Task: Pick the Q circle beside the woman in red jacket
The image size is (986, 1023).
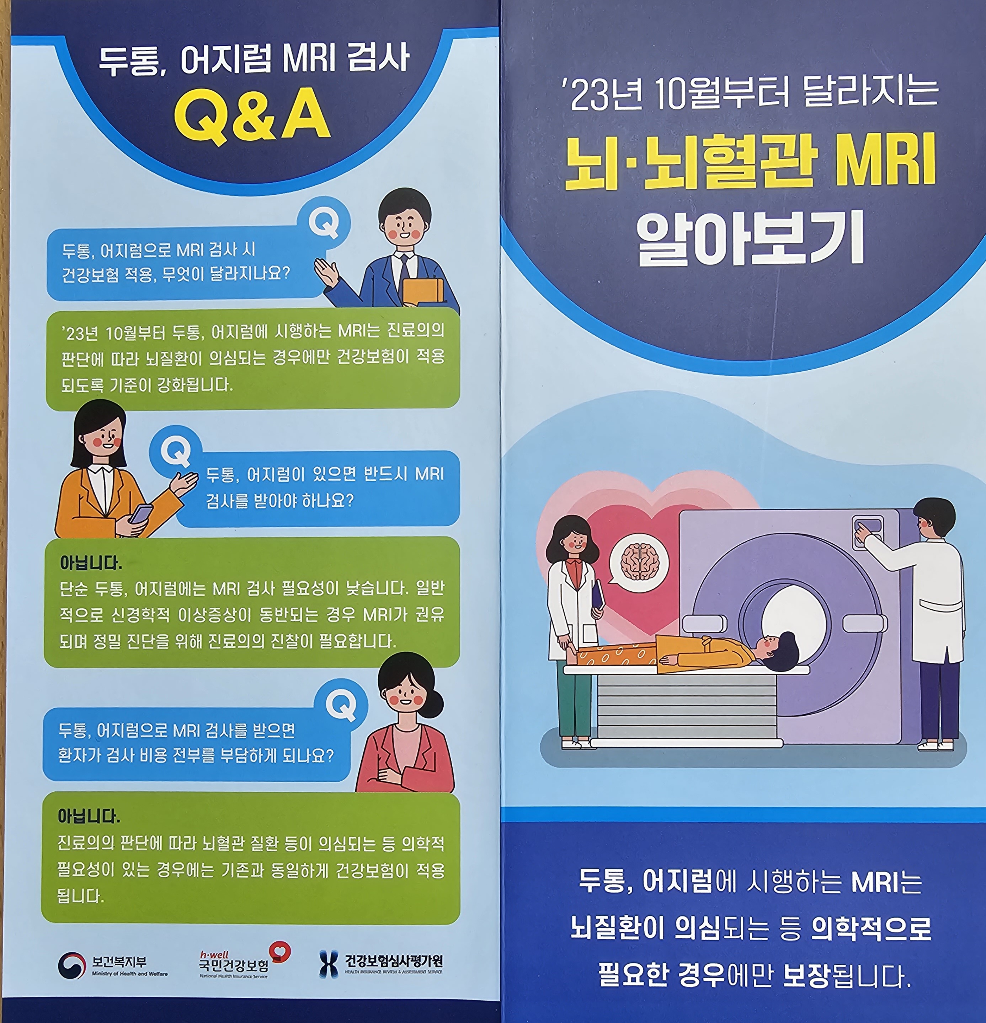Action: [342, 705]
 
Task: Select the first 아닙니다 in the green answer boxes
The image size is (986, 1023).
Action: [90, 563]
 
